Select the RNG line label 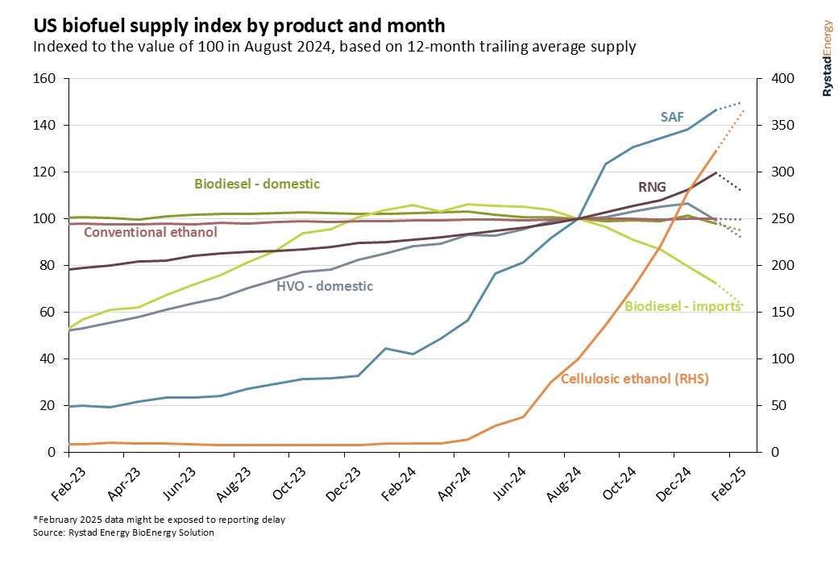[x=652, y=188]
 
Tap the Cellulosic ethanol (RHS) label [x=635, y=378]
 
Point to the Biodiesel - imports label [x=663, y=306]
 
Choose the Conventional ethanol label [x=151, y=233]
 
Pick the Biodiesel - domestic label [x=257, y=184]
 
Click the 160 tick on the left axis [x=43, y=79]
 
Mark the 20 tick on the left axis [x=46, y=405]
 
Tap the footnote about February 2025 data [x=159, y=520]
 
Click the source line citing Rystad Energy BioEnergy [x=123, y=532]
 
